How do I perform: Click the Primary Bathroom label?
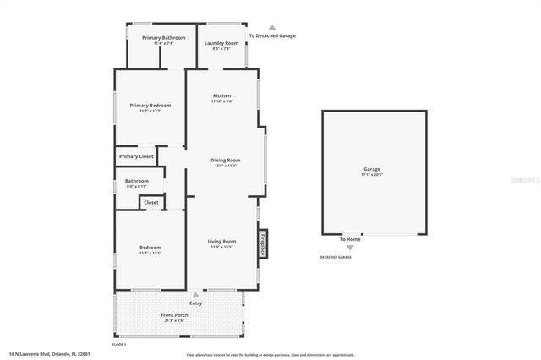(x=163, y=38)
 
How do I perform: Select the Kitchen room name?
(x=222, y=96)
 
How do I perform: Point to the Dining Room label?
(x=226, y=160)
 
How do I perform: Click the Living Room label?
(x=221, y=242)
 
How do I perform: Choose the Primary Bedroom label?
(x=150, y=106)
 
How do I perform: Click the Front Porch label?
(x=174, y=315)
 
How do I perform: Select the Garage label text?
(x=372, y=170)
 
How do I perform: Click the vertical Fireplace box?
(x=263, y=243)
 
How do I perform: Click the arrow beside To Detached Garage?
(x=271, y=28)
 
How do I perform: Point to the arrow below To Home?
(x=351, y=247)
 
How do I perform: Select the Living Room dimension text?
(x=221, y=248)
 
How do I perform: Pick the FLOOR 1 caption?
(x=119, y=345)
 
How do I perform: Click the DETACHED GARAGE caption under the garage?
(x=335, y=256)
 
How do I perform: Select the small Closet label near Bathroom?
(x=150, y=203)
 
